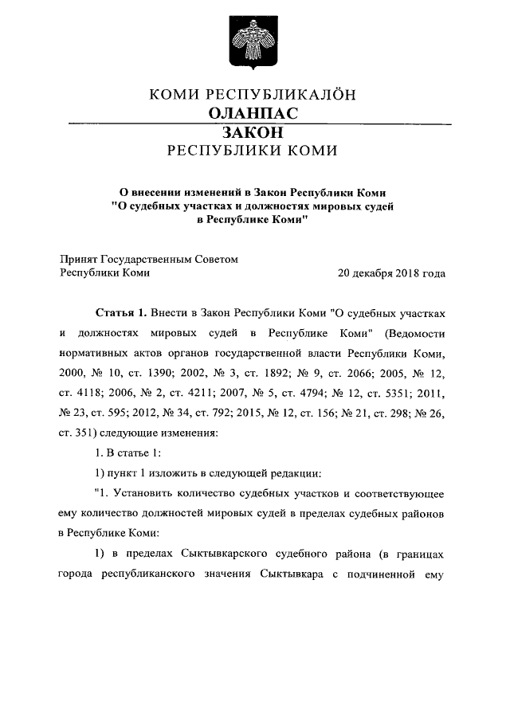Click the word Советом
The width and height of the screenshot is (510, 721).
pyautogui.click(x=216, y=259)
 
